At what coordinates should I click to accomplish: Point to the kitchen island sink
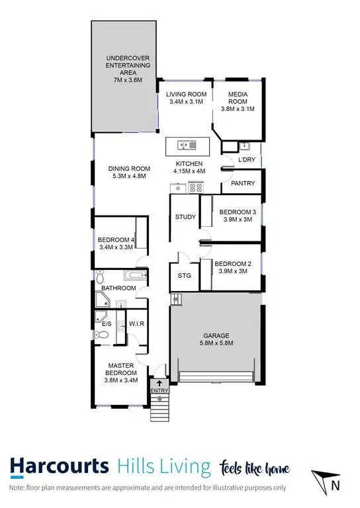click(187, 144)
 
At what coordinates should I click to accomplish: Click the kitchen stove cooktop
click(195, 187)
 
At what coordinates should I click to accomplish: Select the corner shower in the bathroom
click(104, 301)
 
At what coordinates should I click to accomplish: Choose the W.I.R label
click(137, 323)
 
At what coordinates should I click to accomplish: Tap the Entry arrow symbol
click(159, 383)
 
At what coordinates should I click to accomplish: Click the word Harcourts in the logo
click(60, 467)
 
